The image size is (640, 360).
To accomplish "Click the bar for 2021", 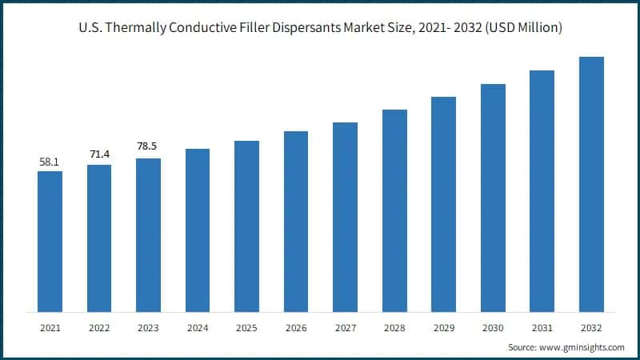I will point(50,241).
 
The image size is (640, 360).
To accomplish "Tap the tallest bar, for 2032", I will point(591,184).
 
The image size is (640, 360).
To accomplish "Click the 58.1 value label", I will point(50,162).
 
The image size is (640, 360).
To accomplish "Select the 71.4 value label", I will point(99,153).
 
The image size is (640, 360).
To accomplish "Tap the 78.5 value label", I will point(148,146).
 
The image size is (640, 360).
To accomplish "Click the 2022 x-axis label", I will point(99,327).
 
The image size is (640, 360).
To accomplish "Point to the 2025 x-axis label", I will point(246,327).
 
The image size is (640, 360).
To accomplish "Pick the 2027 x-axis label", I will point(345,327).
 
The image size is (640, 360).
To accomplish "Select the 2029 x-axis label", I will point(443,327).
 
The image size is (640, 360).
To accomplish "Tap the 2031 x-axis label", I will point(542,327).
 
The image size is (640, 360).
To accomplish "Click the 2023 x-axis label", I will point(148,327).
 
